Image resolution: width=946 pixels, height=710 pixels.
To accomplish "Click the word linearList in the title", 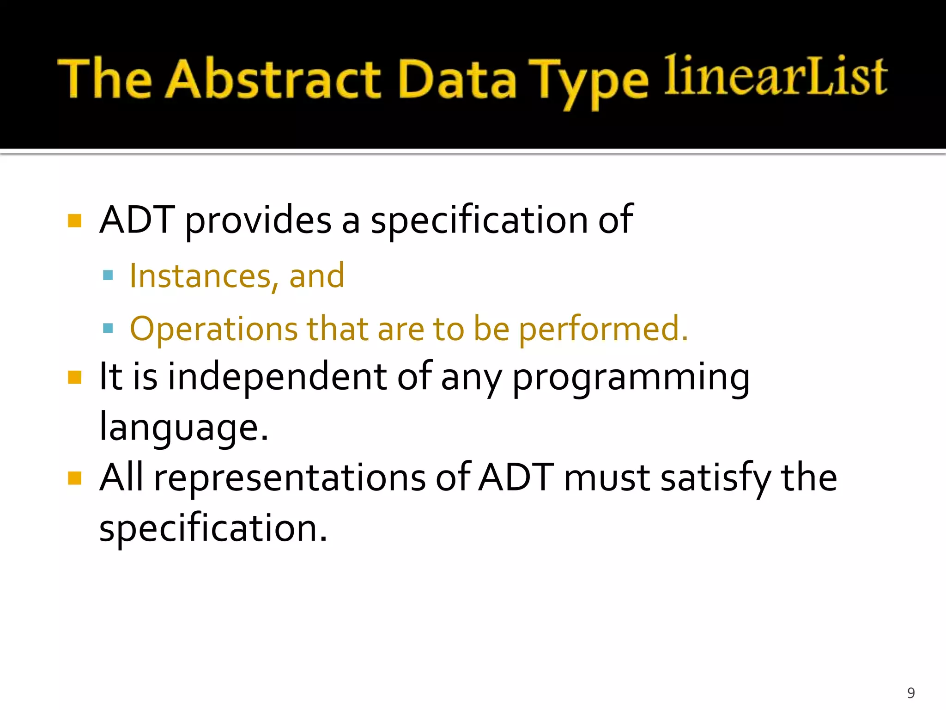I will point(775,76).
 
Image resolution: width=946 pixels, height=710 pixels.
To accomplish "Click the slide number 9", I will point(910,693).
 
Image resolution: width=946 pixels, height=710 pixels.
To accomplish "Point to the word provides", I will point(258,220).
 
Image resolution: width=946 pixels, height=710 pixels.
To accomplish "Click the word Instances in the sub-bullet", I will point(200,276).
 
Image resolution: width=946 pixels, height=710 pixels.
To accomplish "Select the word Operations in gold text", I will point(213,329).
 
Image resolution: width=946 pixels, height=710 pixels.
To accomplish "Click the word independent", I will point(276,377).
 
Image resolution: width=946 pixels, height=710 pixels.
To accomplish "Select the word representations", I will point(290,478).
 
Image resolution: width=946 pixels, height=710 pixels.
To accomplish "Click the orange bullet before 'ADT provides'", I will point(74,220).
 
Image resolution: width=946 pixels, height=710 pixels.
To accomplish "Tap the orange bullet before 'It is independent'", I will point(74,377).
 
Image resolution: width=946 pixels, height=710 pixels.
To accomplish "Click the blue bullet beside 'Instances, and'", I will point(108,276).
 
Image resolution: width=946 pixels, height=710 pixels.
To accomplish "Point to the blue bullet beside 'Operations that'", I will point(108,329).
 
